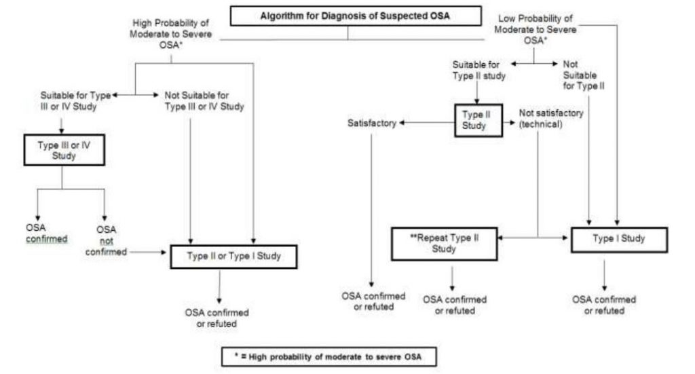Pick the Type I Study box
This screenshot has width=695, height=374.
(x=619, y=239)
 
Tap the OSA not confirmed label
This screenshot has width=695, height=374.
(x=107, y=240)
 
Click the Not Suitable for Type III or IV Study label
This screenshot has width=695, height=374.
(x=204, y=101)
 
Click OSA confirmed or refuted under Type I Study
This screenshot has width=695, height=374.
(x=604, y=305)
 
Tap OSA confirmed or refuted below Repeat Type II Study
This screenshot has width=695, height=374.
(x=455, y=305)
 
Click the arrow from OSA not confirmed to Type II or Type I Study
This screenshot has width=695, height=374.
(x=148, y=251)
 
